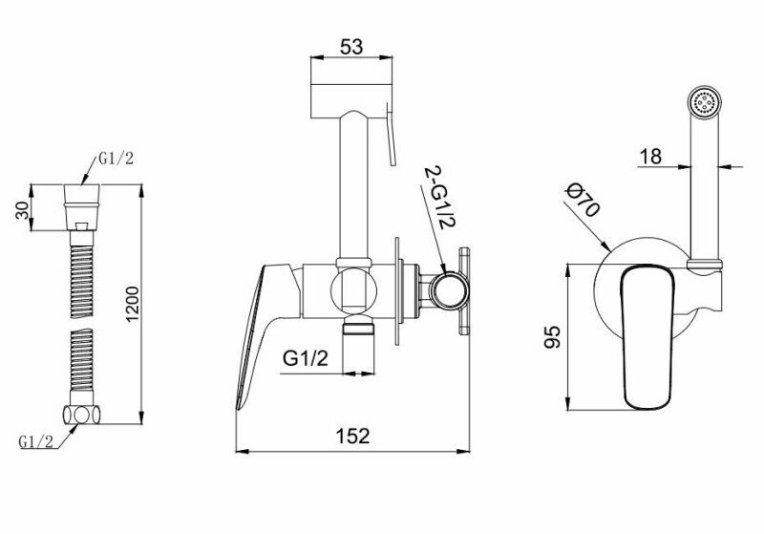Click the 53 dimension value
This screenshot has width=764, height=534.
pos(351,47)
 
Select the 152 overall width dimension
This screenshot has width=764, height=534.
pos(352,436)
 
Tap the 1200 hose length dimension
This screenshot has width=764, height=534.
pos(132,304)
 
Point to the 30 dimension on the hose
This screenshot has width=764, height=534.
pos(22,210)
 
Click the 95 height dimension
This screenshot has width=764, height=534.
pos(553,337)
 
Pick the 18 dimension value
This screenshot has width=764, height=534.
pos(650,157)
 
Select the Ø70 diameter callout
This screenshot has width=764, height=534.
pos(583,200)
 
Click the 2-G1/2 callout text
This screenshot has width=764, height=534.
pos(439,198)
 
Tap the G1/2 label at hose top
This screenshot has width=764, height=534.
pos(116,159)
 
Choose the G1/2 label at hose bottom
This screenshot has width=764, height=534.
pos(36,441)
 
